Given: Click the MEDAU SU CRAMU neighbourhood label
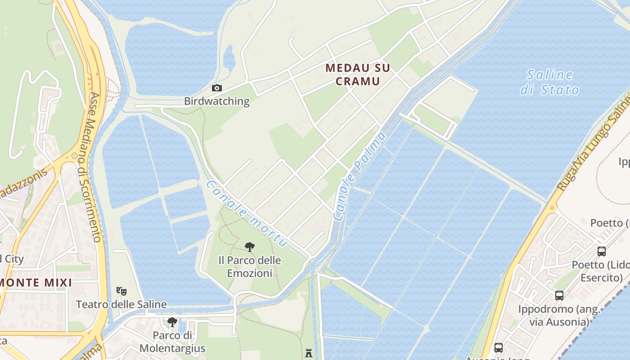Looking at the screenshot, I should (x=358, y=75).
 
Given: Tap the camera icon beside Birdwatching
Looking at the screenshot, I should (x=216, y=88).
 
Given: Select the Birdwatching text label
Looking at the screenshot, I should (x=216, y=101).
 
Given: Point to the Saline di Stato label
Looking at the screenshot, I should (x=549, y=82).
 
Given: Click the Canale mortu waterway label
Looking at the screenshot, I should (x=247, y=214).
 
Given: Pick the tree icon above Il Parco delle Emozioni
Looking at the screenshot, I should (x=249, y=247).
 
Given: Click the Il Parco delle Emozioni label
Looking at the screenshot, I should (x=249, y=266).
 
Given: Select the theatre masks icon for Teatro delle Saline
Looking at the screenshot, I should (x=121, y=291).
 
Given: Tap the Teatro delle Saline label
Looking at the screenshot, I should (x=121, y=304).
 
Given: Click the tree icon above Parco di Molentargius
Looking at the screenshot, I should (x=172, y=322).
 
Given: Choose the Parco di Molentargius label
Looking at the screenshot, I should (x=172, y=342).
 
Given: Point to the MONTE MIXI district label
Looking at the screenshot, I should (x=36, y=283).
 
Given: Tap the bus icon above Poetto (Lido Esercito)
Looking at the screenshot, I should (x=601, y=251).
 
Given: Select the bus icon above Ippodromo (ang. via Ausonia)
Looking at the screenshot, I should (x=559, y=296).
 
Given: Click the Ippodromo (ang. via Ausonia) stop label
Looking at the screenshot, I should (x=559, y=315).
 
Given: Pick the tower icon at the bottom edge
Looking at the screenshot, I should (x=309, y=353).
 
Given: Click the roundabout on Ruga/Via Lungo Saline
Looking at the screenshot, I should (x=552, y=208).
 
